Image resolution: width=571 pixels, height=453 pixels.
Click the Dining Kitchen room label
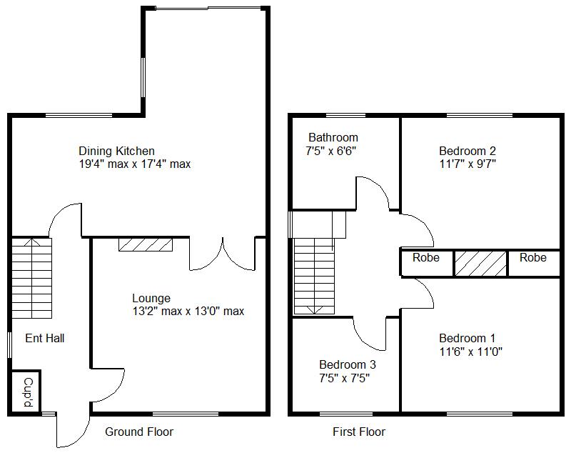point(116,151)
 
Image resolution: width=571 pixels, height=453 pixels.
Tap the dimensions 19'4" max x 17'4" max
point(134,164)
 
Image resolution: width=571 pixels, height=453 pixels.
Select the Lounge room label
point(151,298)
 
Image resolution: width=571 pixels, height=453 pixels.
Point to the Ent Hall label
point(45,338)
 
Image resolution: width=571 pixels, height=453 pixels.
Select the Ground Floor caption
point(139,432)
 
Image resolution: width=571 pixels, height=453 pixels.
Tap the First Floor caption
point(358,432)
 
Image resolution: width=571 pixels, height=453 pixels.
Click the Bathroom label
point(333,137)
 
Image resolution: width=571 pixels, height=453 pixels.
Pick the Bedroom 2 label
point(467,151)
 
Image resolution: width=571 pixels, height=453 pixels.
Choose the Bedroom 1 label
point(467,338)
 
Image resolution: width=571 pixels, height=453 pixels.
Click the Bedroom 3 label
point(347,364)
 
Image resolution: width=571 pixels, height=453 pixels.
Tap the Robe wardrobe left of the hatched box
point(426,258)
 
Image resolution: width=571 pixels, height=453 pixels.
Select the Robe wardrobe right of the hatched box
point(532,258)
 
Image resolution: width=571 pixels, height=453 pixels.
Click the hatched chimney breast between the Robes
point(480,262)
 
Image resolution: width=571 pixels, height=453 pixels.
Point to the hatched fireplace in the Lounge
point(145,245)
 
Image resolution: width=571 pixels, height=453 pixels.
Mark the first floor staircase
point(314,275)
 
